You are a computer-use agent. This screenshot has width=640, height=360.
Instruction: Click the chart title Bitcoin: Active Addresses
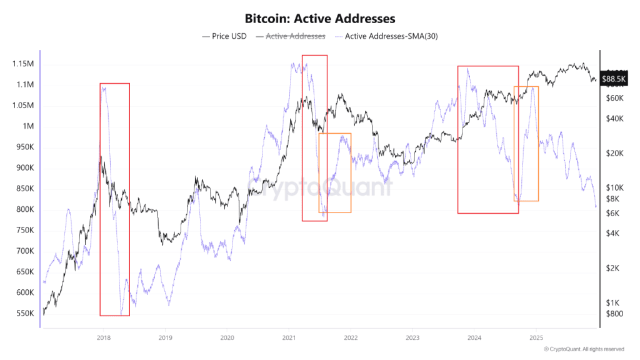(319, 19)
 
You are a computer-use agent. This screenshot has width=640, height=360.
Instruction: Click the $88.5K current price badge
(613, 79)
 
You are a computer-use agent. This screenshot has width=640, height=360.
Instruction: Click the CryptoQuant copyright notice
(584, 349)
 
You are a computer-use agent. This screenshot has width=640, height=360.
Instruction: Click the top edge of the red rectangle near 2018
(114, 83)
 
